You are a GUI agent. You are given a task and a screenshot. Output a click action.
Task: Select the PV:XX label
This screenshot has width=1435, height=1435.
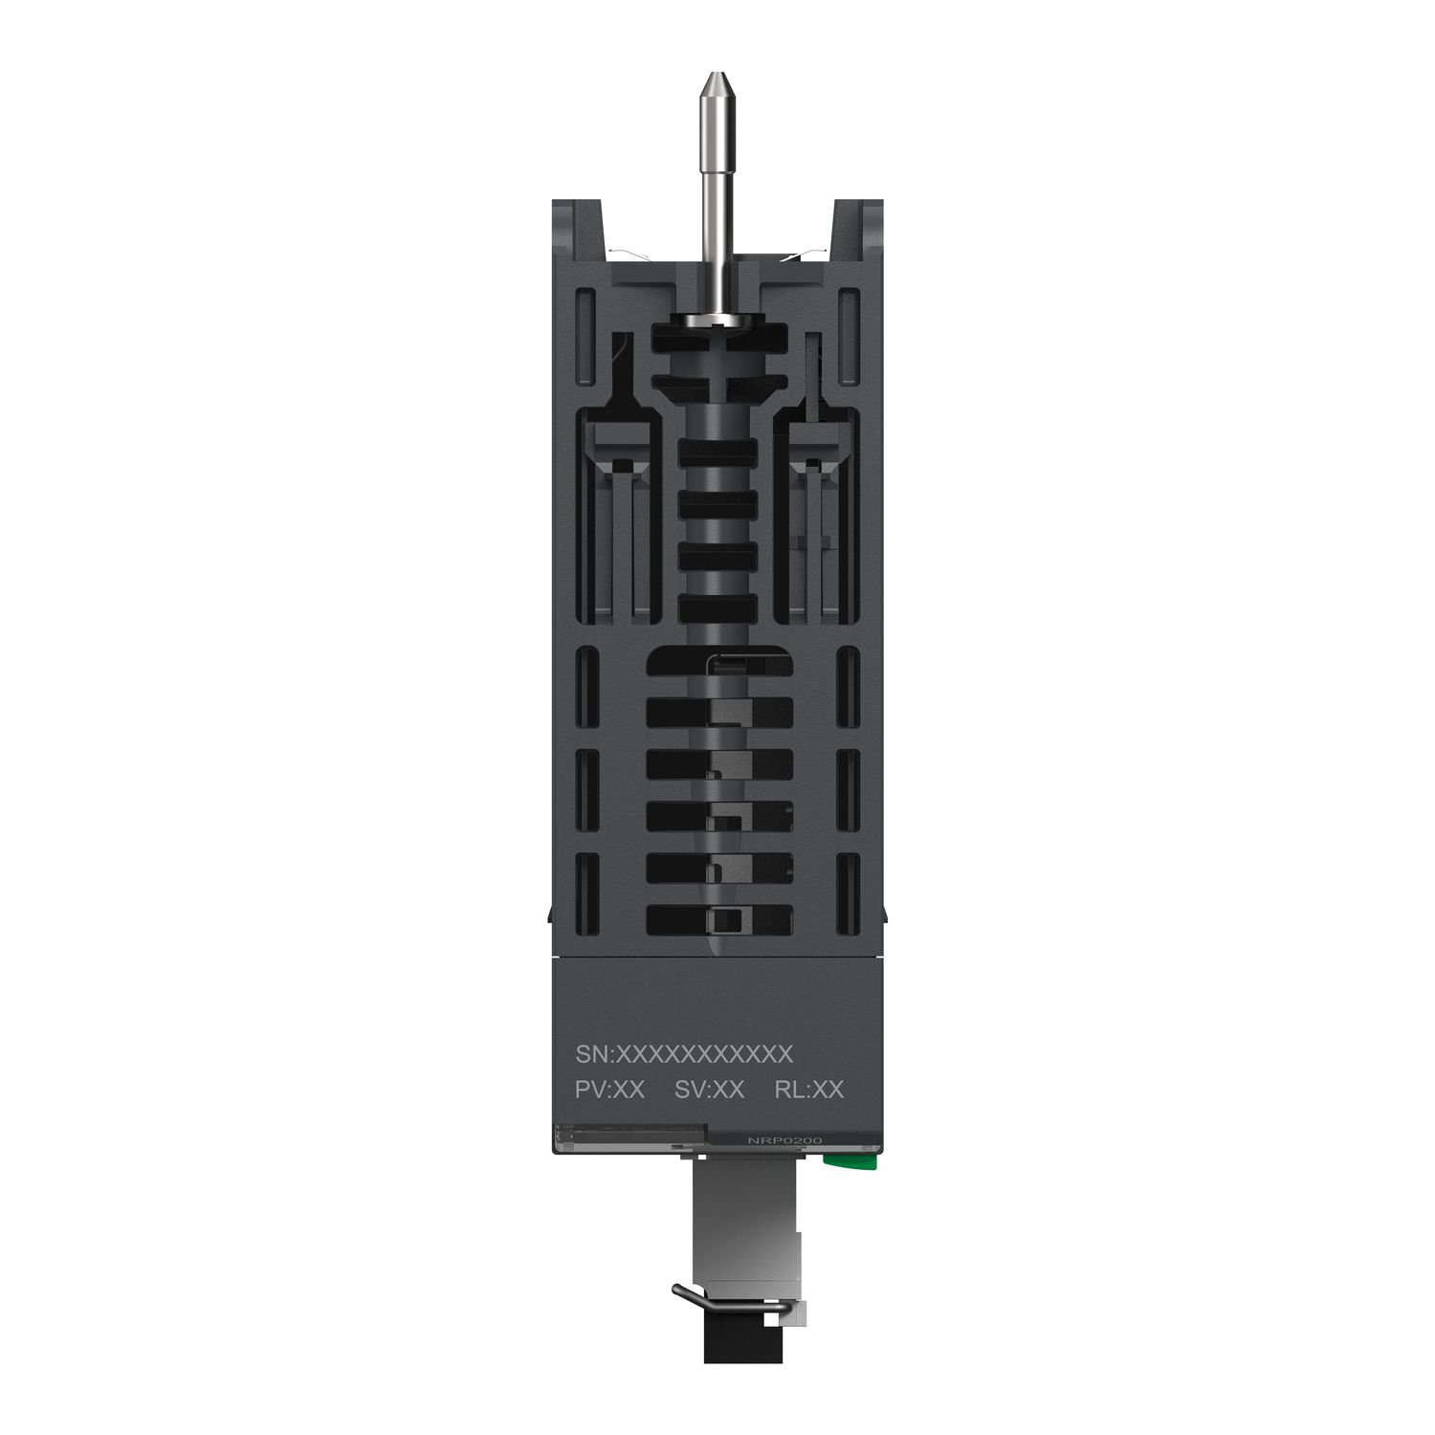point(609,1090)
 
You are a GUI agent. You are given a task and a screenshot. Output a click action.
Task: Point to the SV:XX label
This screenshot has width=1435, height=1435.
point(709,1090)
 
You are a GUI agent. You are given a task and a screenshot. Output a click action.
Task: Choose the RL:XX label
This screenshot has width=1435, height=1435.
point(808,1090)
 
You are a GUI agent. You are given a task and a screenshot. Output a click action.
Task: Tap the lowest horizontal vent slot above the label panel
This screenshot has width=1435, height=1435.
point(719,920)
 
